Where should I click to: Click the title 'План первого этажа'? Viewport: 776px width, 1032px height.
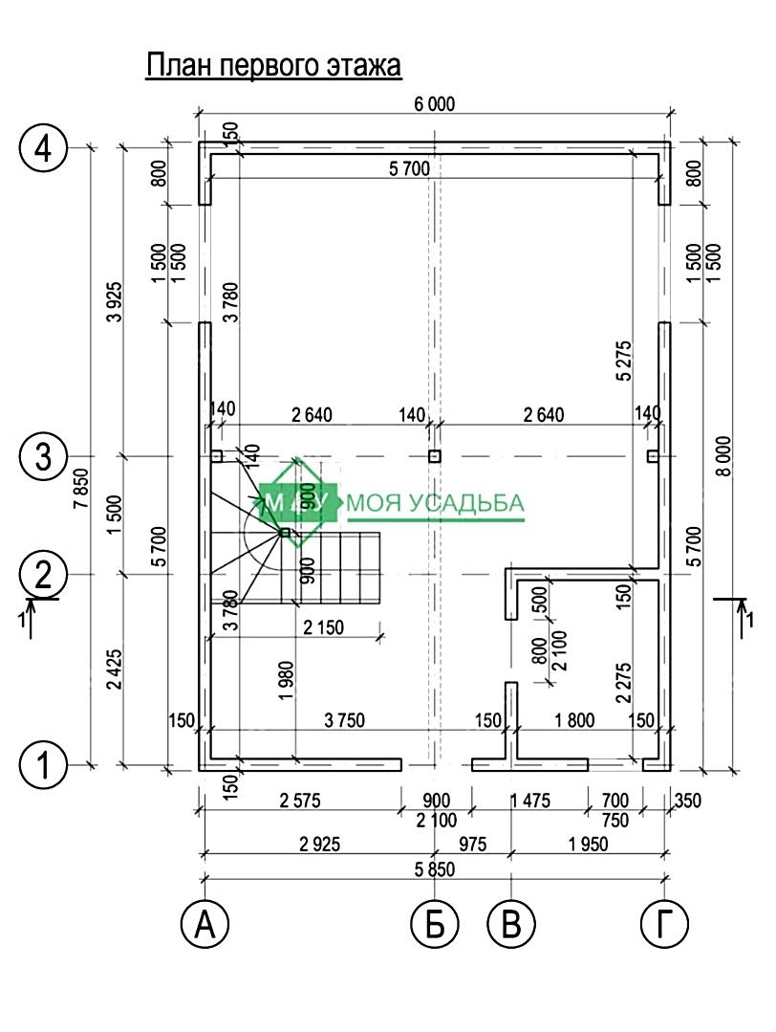272,66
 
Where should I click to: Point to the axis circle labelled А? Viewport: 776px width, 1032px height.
205,924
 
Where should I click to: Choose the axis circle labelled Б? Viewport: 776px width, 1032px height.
435,924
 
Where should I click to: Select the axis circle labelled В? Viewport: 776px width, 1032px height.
511,924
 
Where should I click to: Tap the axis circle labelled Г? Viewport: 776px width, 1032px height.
663,924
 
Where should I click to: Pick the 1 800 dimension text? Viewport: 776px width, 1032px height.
573,719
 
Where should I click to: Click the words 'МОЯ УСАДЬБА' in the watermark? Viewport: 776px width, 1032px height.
436,503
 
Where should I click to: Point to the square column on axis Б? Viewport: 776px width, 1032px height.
435,456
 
